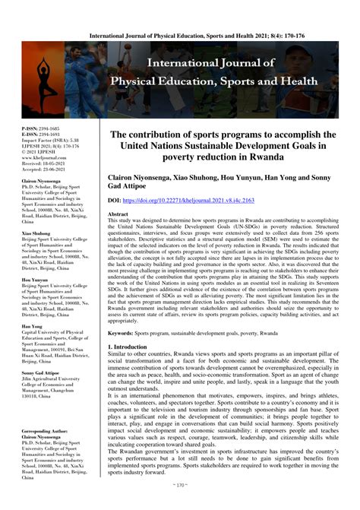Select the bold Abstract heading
[118, 215]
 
